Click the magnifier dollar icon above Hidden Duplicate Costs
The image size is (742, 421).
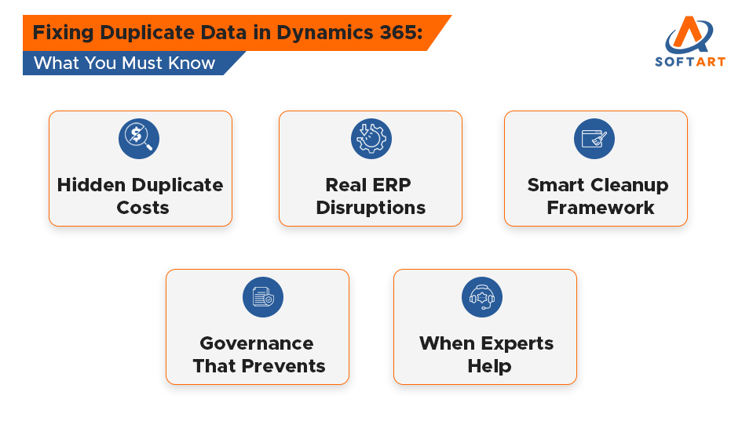pyautogui.click(x=139, y=138)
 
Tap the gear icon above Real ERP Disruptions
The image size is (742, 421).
pyautogui.click(x=371, y=138)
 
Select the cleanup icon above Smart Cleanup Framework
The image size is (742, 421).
pyautogui.click(x=594, y=138)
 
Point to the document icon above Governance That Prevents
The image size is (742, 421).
pyautogui.click(x=263, y=297)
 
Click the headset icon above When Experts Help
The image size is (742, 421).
pyautogui.click(x=482, y=297)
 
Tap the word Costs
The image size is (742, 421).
pyautogui.click(x=143, y=209)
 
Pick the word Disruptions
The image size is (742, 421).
pyautogui.click(x=371, y=209)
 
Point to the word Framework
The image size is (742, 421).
pyautogui.click(x=601, y=209)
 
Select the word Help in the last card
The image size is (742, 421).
pyautogui.click(x=489, y=366)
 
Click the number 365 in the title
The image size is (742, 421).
pyautogui.click(x=400, y=34)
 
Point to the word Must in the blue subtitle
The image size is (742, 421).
pyautogui.click(x=150, y=64)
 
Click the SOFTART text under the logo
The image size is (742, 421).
pyautogui.click(x=690, y=61)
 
